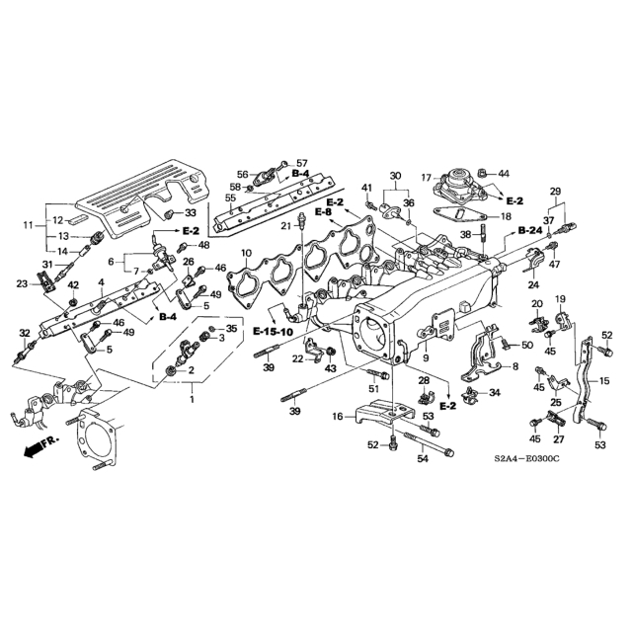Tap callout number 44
pyautogui.click(x=504, y=173)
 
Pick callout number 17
pyautogui.click(x=427, y=178)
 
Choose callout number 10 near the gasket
pyautogui.click(x=247, y=254)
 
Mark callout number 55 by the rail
pyautogui.click(x=230, y=197)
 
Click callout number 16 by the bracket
pyautogui.click(x=338, y=418)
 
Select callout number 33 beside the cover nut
pyautogui.click(x=191, y=212)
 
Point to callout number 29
pyautogui.click(x=555, y=191)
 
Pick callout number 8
pyautogui.click(x=514, y=366)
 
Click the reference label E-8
pyautogui.click(x=323, y=212)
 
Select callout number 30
pyautogui.click(x=395, y=177)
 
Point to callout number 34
pyautogui.click(x=495, y=393)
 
